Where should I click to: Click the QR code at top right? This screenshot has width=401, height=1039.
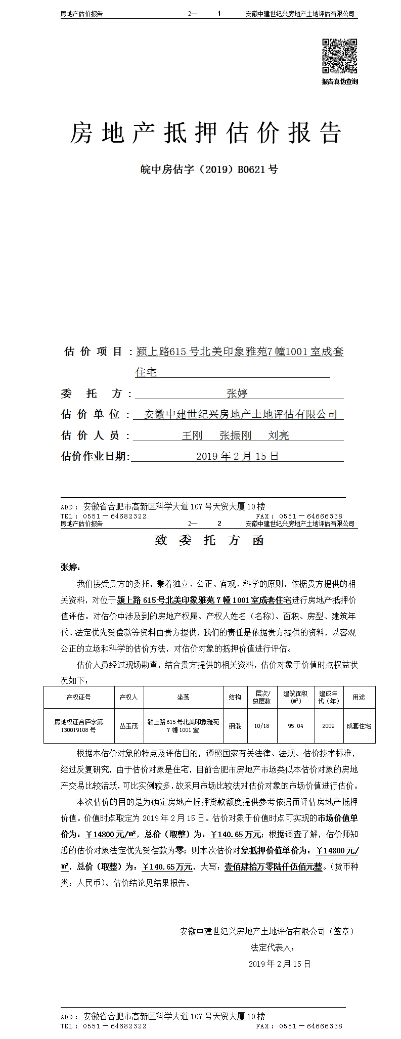[340, 56]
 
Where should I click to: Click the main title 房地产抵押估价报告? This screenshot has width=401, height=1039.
[205, 134]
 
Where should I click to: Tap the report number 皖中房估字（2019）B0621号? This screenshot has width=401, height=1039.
[209, 169]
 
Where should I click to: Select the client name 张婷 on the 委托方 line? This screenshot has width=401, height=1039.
[237, 393]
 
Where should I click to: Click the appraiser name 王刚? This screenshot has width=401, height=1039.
[192, 435]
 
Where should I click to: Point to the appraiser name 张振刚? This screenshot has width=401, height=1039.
[236, 435]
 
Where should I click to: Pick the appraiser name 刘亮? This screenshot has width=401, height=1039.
[279, 435]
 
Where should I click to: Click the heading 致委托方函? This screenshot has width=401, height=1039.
[209, 540]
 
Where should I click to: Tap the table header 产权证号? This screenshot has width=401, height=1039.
[78, 697]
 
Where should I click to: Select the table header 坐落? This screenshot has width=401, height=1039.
[183, 697]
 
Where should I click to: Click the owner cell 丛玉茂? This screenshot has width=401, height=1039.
[128, 726]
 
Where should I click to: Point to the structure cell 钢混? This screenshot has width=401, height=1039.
[235, 726]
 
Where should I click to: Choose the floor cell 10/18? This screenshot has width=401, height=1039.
[262, 726]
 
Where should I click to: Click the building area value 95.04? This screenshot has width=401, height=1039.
[295, 726]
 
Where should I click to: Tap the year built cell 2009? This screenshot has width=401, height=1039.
[328, 726]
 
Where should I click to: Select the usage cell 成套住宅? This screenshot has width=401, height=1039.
[359, 726]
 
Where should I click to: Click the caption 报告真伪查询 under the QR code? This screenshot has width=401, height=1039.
[340, 81]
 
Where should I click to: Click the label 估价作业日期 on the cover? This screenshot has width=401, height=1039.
[94, 456]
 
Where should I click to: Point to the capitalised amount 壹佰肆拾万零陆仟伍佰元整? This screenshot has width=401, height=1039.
[273, 867]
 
